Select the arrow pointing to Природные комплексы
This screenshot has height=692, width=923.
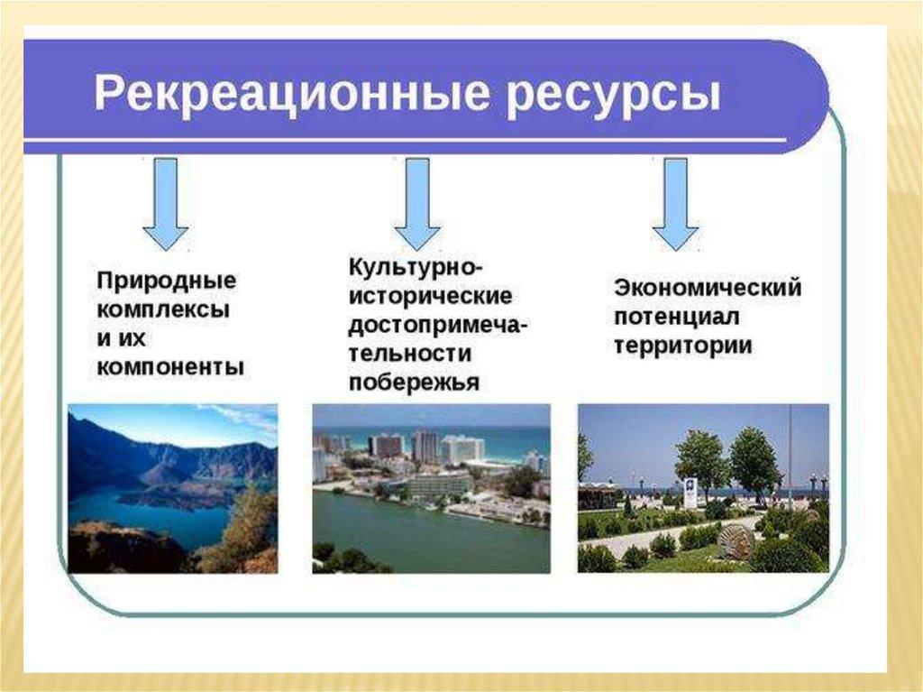166,204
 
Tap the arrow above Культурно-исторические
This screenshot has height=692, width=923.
417,204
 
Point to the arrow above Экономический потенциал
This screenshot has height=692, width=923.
675,204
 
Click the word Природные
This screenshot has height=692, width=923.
166,281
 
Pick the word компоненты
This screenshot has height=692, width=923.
170,367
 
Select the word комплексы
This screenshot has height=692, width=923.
162,310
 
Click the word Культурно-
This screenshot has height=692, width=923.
416,266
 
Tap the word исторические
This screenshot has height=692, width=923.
430,295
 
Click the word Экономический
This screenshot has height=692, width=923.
708,288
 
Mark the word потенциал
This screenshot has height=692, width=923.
676,317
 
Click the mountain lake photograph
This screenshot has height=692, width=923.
172,489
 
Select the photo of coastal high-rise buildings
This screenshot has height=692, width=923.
431,489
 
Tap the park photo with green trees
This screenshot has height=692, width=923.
703,488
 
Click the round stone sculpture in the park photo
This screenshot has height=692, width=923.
736,541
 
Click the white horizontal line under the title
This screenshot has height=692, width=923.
405,140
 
